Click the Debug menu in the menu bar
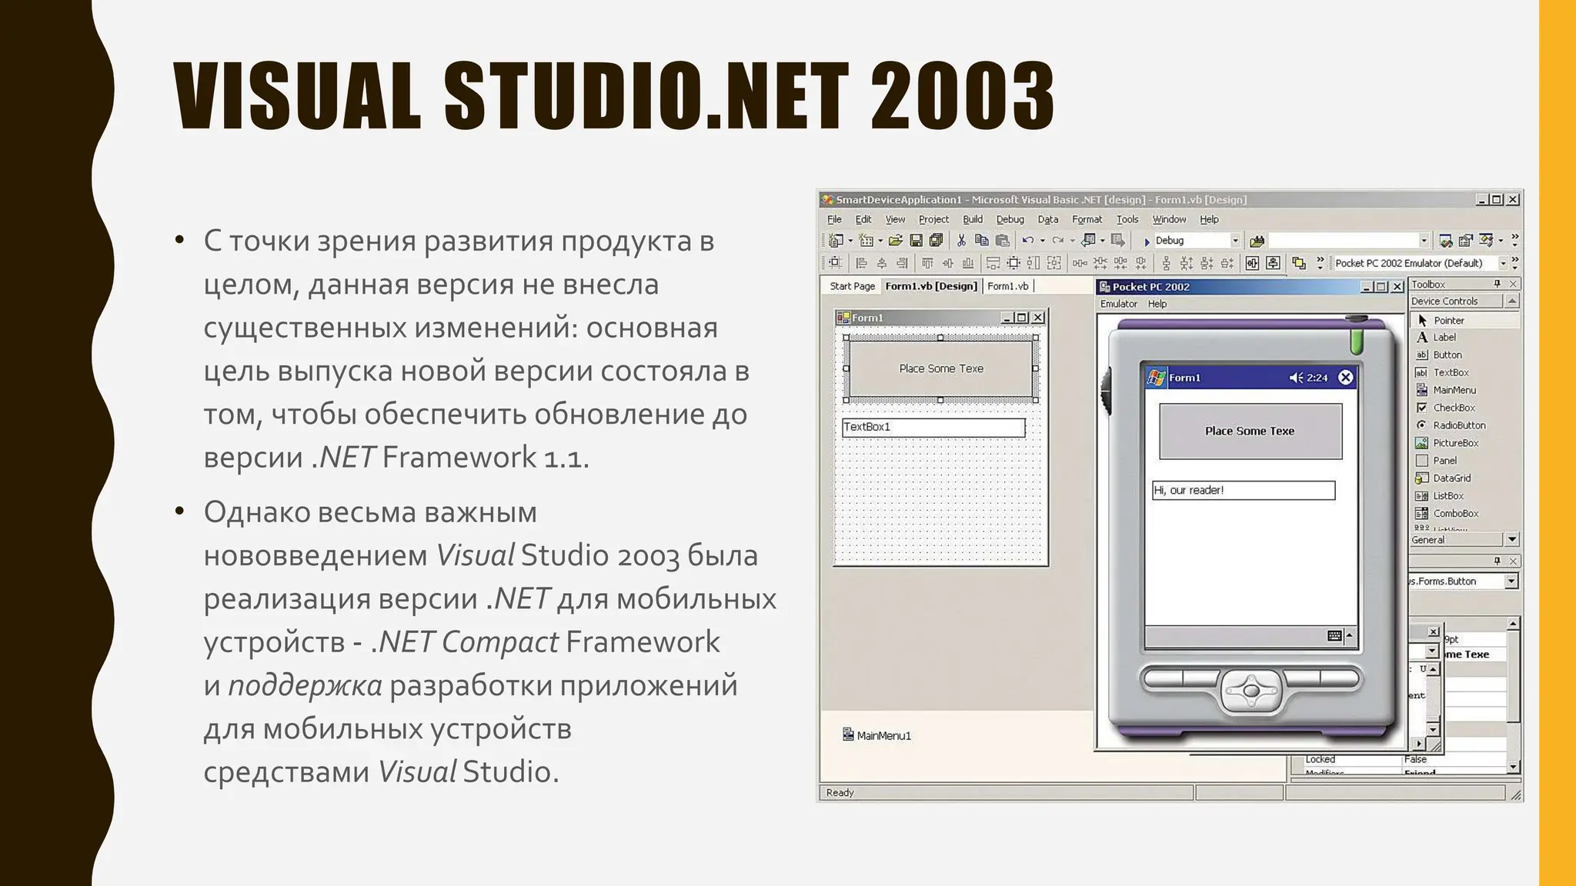point(1010,219)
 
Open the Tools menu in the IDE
point(1127,219)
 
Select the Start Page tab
point(852,286)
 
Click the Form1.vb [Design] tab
point(930,286)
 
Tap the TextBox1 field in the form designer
point(933,428)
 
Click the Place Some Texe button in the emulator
point(1250,431)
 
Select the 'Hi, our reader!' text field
point(1243,491)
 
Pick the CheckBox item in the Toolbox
point(1453,408)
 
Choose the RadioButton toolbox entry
point(1458,425)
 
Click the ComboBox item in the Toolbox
point(1455,514)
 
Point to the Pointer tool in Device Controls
point(1447,321)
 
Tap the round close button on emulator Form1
point(1345,378)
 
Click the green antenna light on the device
point(1356,340)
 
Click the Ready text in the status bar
point(840,793)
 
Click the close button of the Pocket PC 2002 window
point(1397,287)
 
